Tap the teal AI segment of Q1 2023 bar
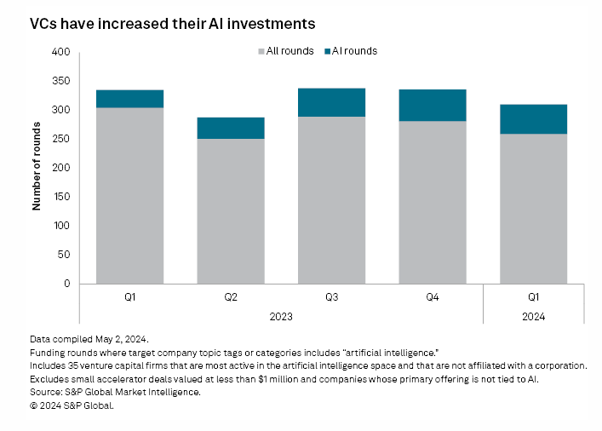click(x=129, y=99)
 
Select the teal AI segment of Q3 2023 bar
click(x=331, y=102)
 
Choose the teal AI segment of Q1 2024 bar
click(x=533, y=119)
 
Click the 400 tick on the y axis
click(x=60, y=53)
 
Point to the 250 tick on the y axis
click(x=60, y=140)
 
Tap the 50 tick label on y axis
click(x=63, y=256)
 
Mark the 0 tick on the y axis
click(x=66, y=284)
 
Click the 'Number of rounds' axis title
click(x=37, y=168)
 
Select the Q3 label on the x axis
click(x=331, y=297)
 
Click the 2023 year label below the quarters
click(x=281, y=317)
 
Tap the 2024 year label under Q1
click(x=533, y=317)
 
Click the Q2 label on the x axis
click(x=231, y=297)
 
